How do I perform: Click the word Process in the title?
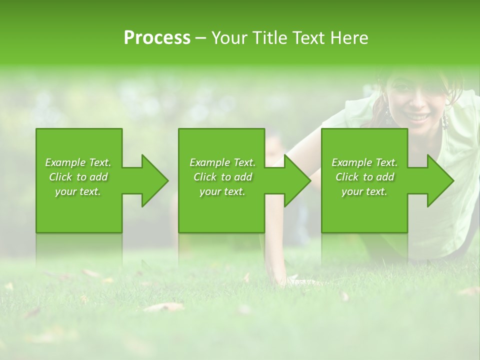coord(157,38)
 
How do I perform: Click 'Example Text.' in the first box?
coord(78,162)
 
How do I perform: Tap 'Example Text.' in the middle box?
coord(222,162)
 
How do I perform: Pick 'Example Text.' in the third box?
coord(364,162)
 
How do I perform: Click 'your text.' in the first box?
coord(78,191)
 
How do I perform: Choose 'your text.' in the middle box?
coord(222,191)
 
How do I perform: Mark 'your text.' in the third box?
coord(364,191)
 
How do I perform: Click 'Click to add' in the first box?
coord(78,177)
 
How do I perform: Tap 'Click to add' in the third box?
coord(364,177)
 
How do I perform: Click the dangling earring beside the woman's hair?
coord(443,121)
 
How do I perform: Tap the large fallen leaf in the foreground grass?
coord(164,306)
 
